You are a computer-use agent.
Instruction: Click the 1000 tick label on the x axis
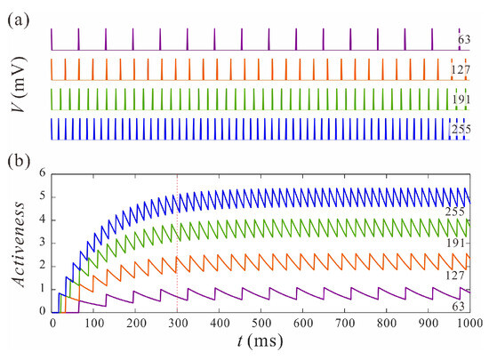coord(469,323)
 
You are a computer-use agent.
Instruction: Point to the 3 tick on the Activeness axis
coord(43,243)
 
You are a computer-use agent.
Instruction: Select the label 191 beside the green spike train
coord(461,100)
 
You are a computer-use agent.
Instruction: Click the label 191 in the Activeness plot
coord(458,242)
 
